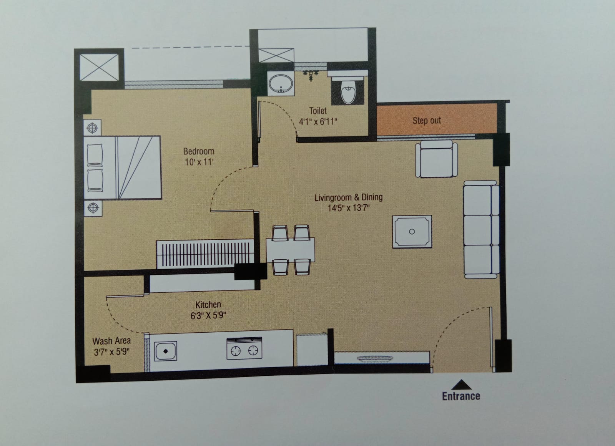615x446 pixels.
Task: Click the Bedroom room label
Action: coord(199,151)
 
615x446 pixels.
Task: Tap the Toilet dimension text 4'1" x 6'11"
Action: coord(318,121)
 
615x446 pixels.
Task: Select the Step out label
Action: coord(427,121)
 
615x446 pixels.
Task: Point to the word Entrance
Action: coord(461,396)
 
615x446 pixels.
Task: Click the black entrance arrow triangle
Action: coord(461,385)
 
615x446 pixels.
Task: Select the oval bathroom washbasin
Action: coord(281,83)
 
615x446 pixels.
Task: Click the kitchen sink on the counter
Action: coord(166,351)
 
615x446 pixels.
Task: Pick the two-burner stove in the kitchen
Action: coord(244,348)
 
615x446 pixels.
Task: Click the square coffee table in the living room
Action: coord(412,232)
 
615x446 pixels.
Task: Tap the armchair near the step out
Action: coord(436,159)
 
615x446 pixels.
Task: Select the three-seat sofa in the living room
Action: coord(481,229)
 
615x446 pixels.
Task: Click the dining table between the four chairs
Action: coord(291,250)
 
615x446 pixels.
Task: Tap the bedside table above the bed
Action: coord(92,128)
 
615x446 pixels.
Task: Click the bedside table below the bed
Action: coord(93,208)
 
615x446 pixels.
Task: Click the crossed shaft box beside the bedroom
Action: coord(99,67)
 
